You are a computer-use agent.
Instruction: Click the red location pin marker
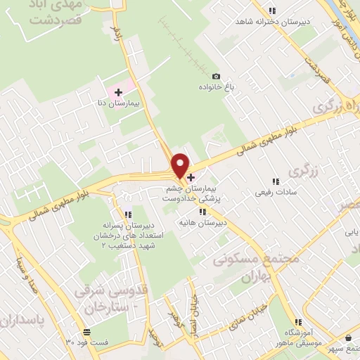(181, 164)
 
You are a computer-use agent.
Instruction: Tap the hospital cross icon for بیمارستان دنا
(118, 91)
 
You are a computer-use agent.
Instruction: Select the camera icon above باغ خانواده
(216, 76)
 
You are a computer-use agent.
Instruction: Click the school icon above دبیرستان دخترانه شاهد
(272, 10)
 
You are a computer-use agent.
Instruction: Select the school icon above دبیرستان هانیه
(202, 211)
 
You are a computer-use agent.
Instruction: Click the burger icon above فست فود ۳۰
(86, 331)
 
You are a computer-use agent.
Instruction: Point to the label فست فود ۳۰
(87, 342)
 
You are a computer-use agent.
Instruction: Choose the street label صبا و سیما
(23, 275)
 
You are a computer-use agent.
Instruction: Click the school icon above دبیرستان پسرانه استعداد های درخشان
(127, 214)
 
